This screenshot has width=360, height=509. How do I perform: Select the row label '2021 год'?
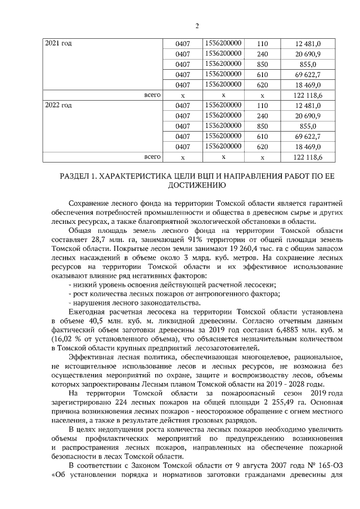click(58, 43)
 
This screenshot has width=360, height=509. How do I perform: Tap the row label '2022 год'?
click(58, 105)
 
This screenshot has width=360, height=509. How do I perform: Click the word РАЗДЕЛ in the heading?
click(78, 176)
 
